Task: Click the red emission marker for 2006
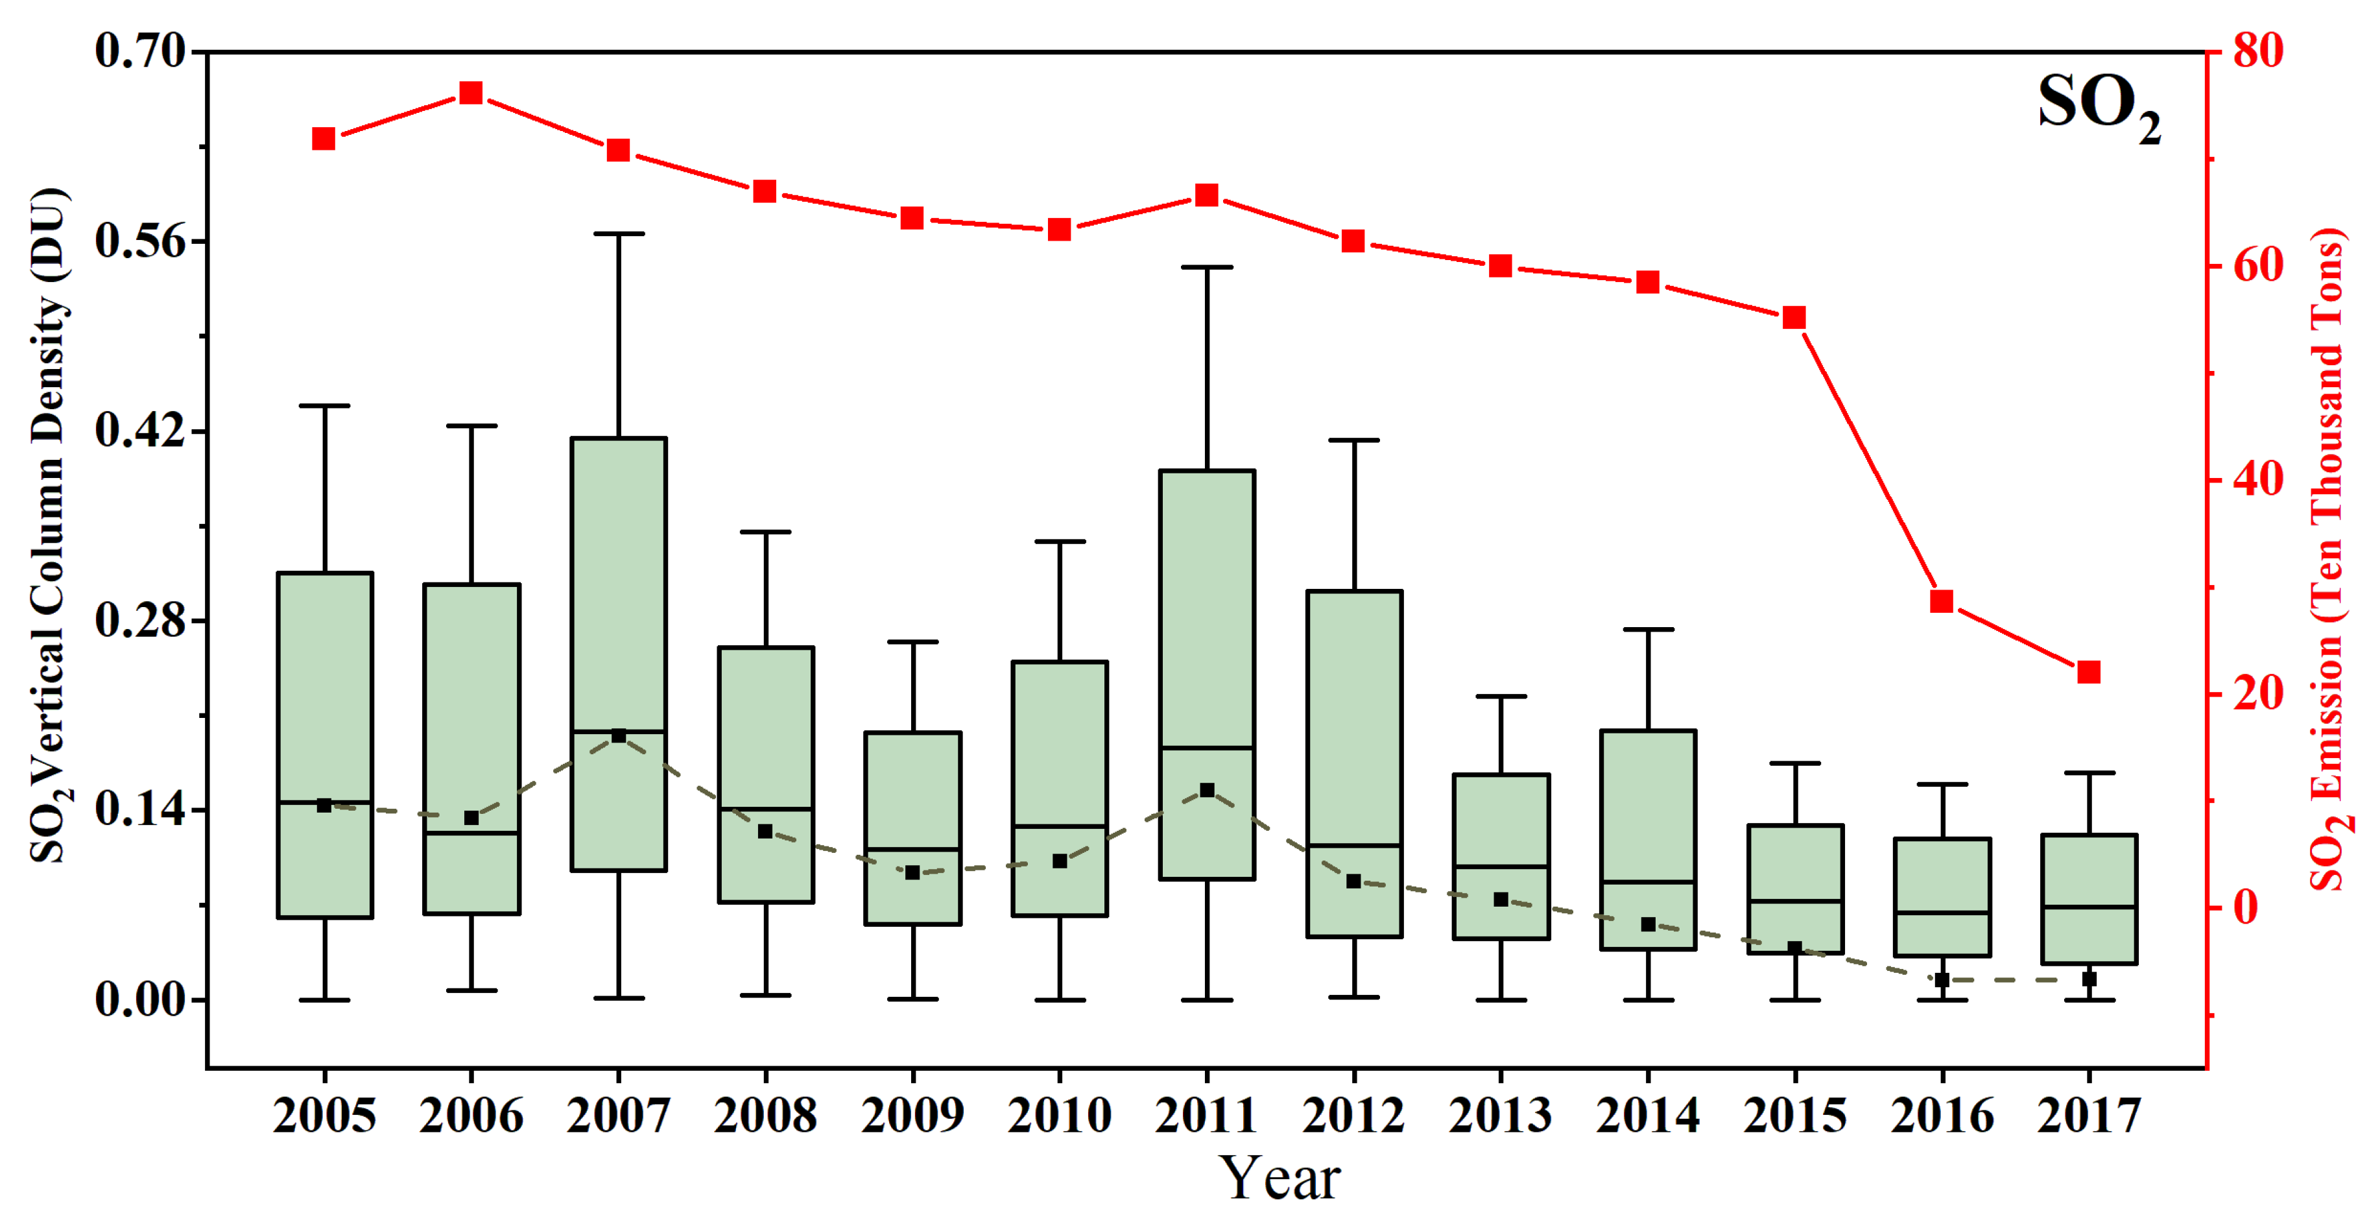pos(471,93)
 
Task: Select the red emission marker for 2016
pos(1942,601)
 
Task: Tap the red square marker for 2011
pos(1207,195)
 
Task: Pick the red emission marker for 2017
pos(2088,673)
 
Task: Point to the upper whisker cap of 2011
pos(1207,267)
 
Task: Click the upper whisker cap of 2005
pos(324,405)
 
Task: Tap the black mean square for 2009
pos(912,872)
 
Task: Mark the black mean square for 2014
pos(1648,924)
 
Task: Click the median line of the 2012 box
pos(1353,844)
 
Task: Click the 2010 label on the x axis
pos(1060,1115)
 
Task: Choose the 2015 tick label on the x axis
pos(1794,1115)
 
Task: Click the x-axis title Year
pos(1280,1177)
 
